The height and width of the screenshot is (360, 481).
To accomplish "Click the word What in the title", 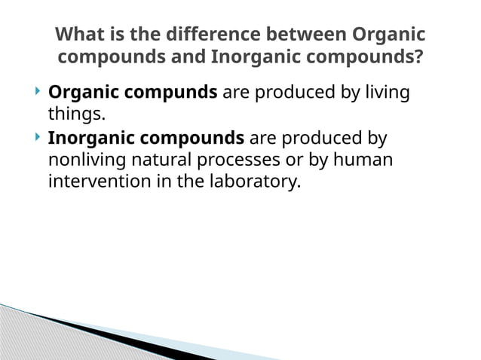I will (x=79, y=35).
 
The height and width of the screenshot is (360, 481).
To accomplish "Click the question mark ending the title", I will (x=418, y=57).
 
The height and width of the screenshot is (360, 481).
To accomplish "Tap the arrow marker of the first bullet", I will (x=38, y=93).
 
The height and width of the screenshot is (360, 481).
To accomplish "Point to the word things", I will (x=75, y=115).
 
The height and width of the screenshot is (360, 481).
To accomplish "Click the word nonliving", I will (x=83, y=161).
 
